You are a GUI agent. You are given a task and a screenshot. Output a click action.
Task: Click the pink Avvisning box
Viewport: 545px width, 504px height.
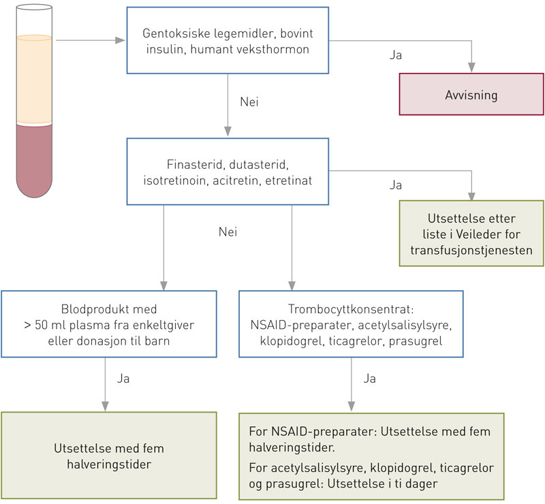471,95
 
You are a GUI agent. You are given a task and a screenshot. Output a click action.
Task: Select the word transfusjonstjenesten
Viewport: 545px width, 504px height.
470,250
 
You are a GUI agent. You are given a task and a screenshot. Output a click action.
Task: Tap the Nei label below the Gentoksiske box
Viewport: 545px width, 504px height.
249,102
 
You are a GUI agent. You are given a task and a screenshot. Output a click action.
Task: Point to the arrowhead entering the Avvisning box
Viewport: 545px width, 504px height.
471,66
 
